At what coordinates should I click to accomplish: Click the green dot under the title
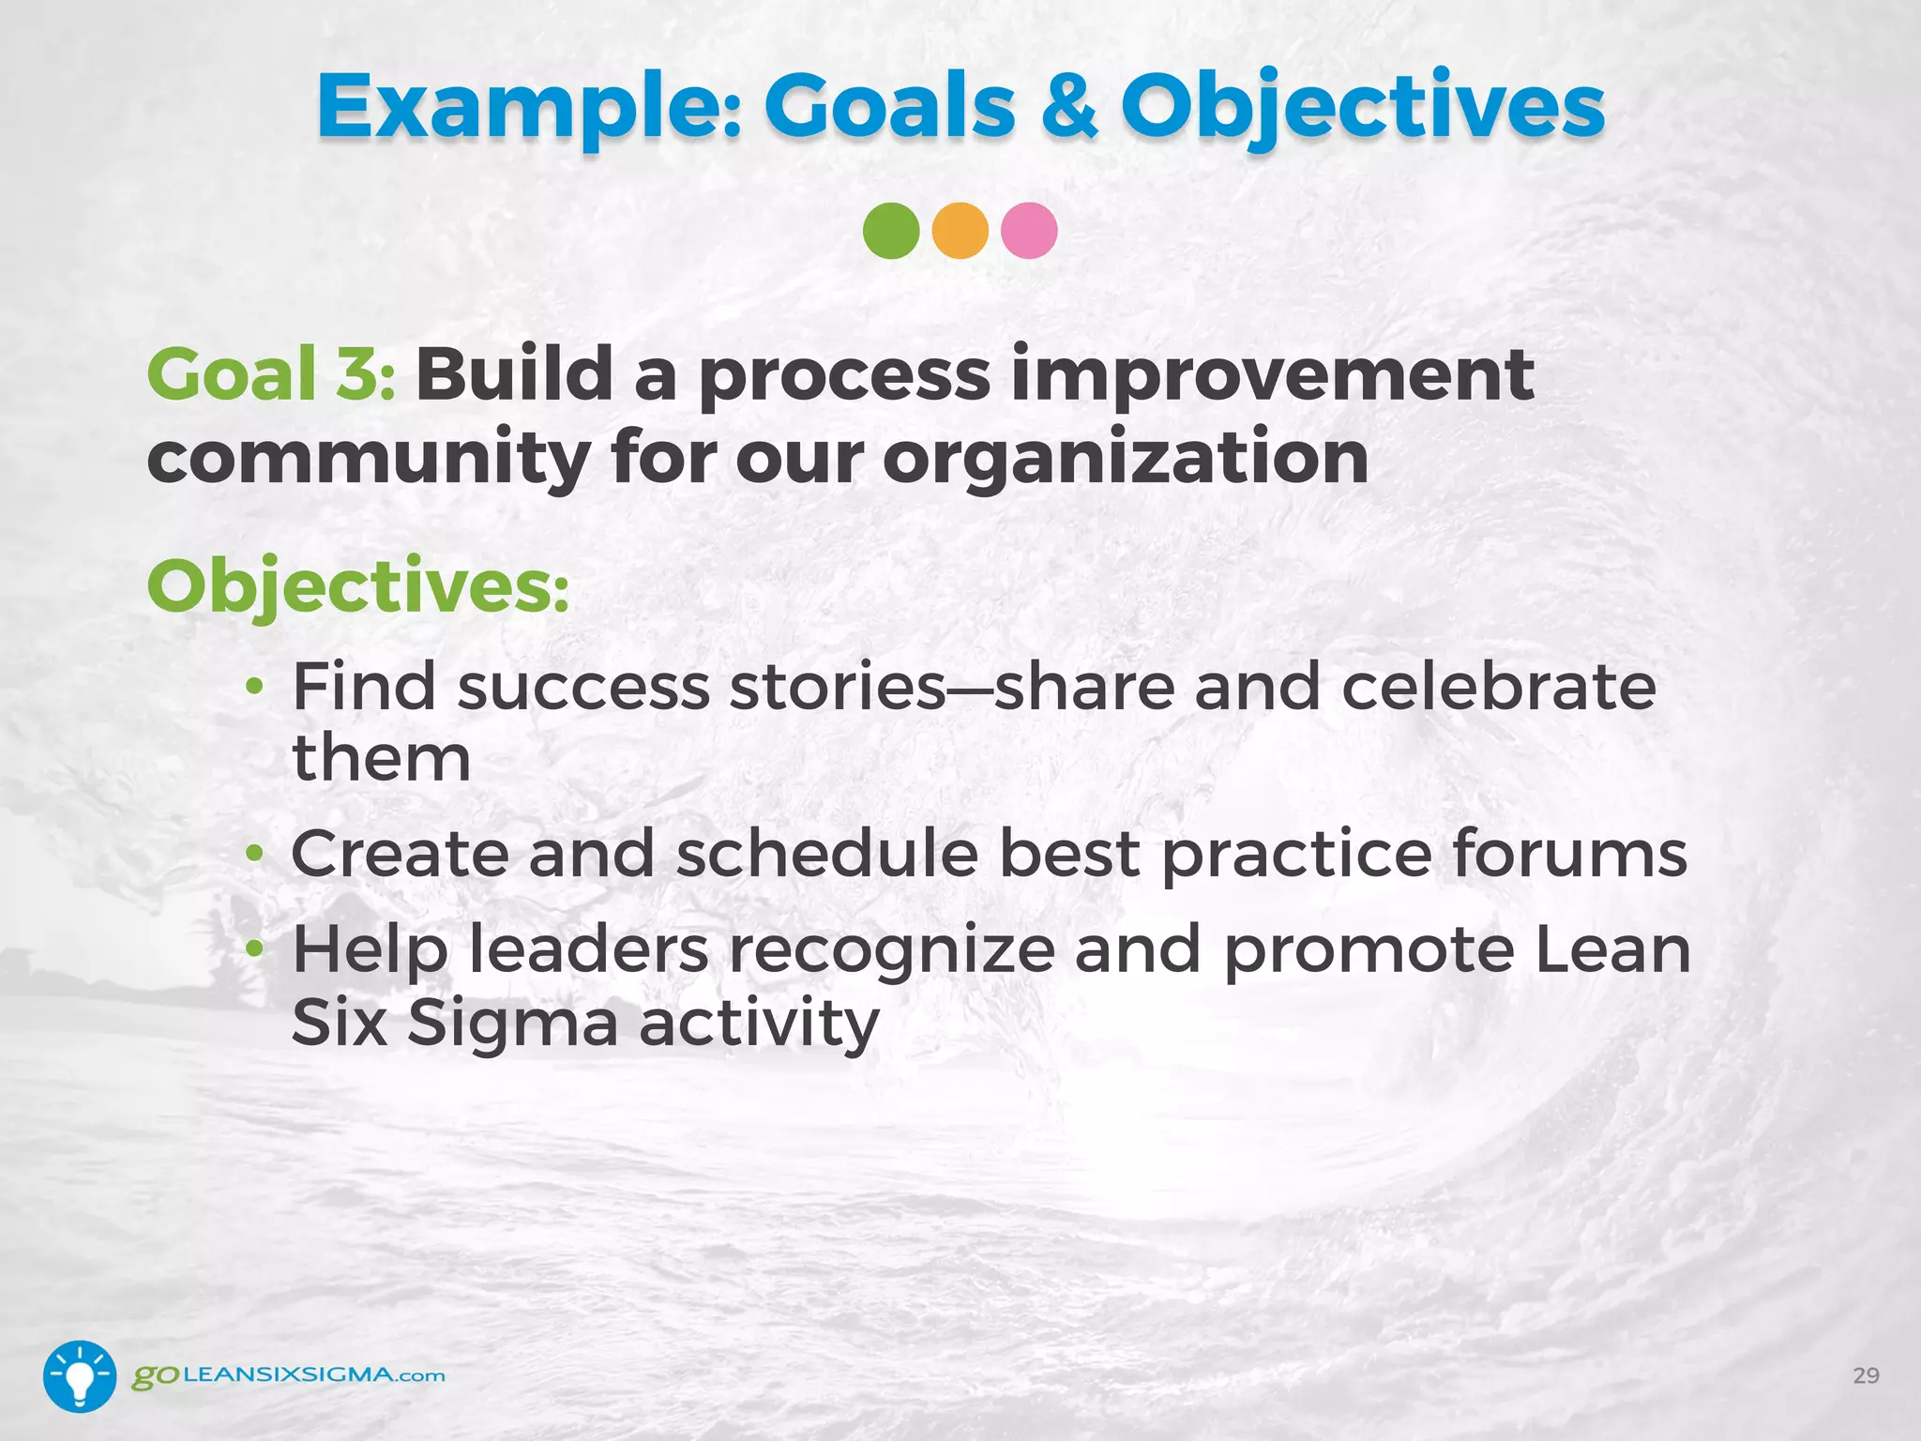(890, 231)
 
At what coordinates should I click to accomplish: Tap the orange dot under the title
(960, 231)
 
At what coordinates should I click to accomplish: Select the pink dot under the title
(1029, 231)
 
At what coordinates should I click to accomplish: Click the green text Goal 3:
(271, 373)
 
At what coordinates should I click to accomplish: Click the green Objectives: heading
(357, 586)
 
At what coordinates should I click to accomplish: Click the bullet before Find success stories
(254, 689)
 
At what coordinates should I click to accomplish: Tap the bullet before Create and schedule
(254, 855)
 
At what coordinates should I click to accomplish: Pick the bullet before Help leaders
(254, 950)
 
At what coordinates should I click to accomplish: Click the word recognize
(892, 950)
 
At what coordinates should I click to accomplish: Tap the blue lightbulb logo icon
(80, 1375)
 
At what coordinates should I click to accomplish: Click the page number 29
(1866, 1375)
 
